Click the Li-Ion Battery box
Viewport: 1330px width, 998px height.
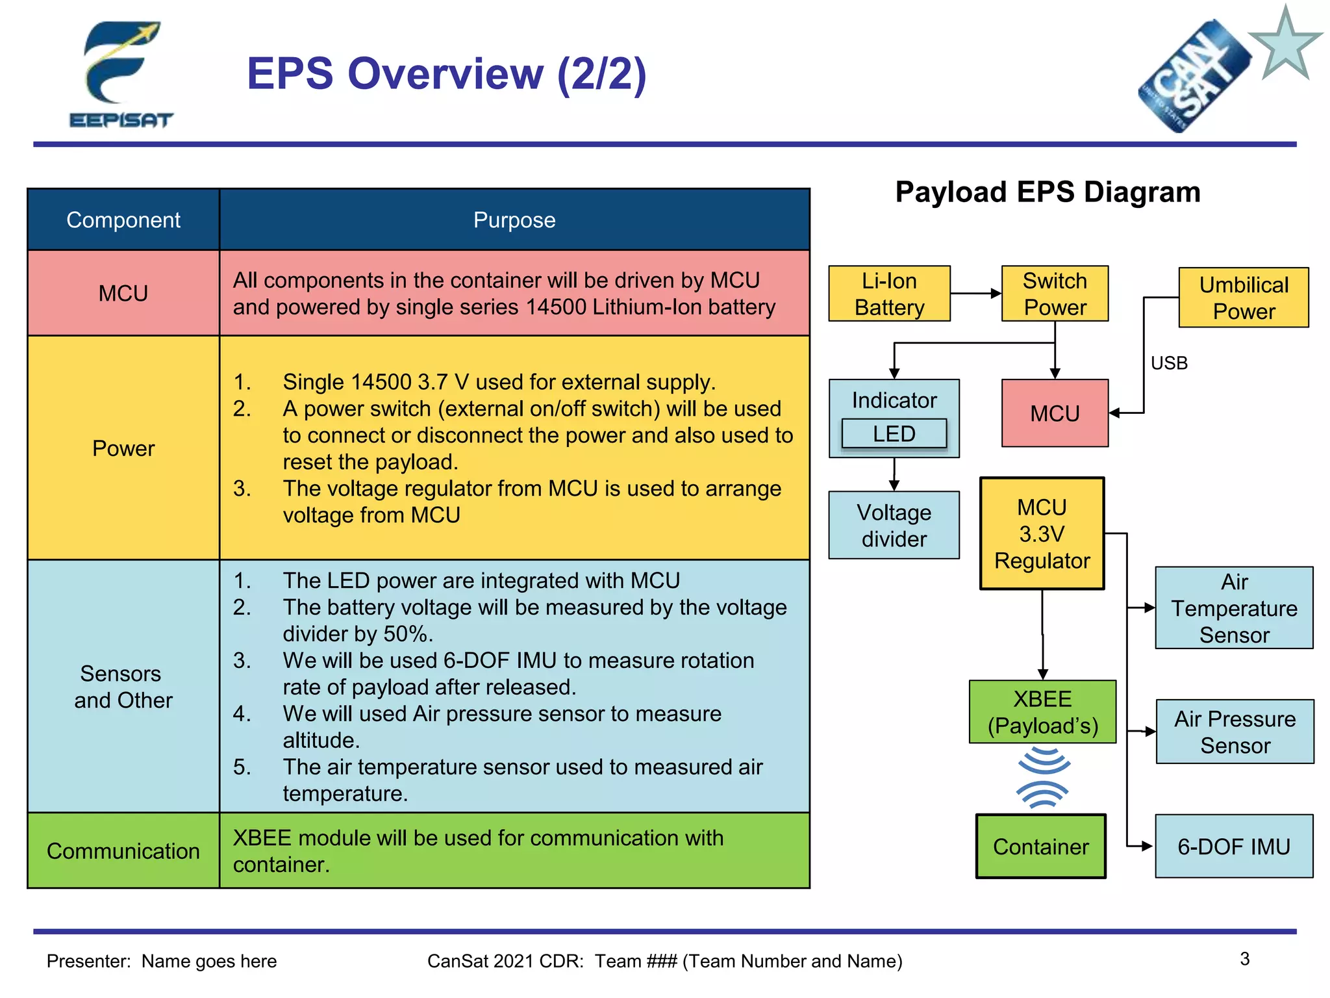(889, 294)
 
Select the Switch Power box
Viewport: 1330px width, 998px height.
(1055, 294)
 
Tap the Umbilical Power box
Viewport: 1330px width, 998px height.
(1243, 298)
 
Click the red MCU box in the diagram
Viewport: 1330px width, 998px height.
(1055, 413)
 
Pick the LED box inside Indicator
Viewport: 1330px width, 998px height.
(894, 434)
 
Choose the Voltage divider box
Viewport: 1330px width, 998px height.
(894, 525)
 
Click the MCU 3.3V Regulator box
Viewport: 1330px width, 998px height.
(1042, 533)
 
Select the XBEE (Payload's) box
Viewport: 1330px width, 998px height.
(1042, 712)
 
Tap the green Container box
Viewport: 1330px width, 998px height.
(1040, 847)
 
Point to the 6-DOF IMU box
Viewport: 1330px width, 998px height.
(1233, 847)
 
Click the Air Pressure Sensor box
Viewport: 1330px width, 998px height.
(1235, 732)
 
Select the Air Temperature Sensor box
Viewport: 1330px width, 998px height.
(1234, 608)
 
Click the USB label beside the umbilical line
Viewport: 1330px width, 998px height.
(1169, 363)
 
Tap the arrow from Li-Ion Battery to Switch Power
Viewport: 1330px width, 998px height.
(975, 294)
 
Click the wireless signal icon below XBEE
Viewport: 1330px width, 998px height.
(1043, 778)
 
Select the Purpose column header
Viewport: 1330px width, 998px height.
(514, 220)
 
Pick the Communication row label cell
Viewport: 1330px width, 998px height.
(123, 851)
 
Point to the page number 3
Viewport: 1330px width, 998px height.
(1244, 959)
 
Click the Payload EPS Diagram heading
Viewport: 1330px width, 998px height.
(1048, 192)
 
